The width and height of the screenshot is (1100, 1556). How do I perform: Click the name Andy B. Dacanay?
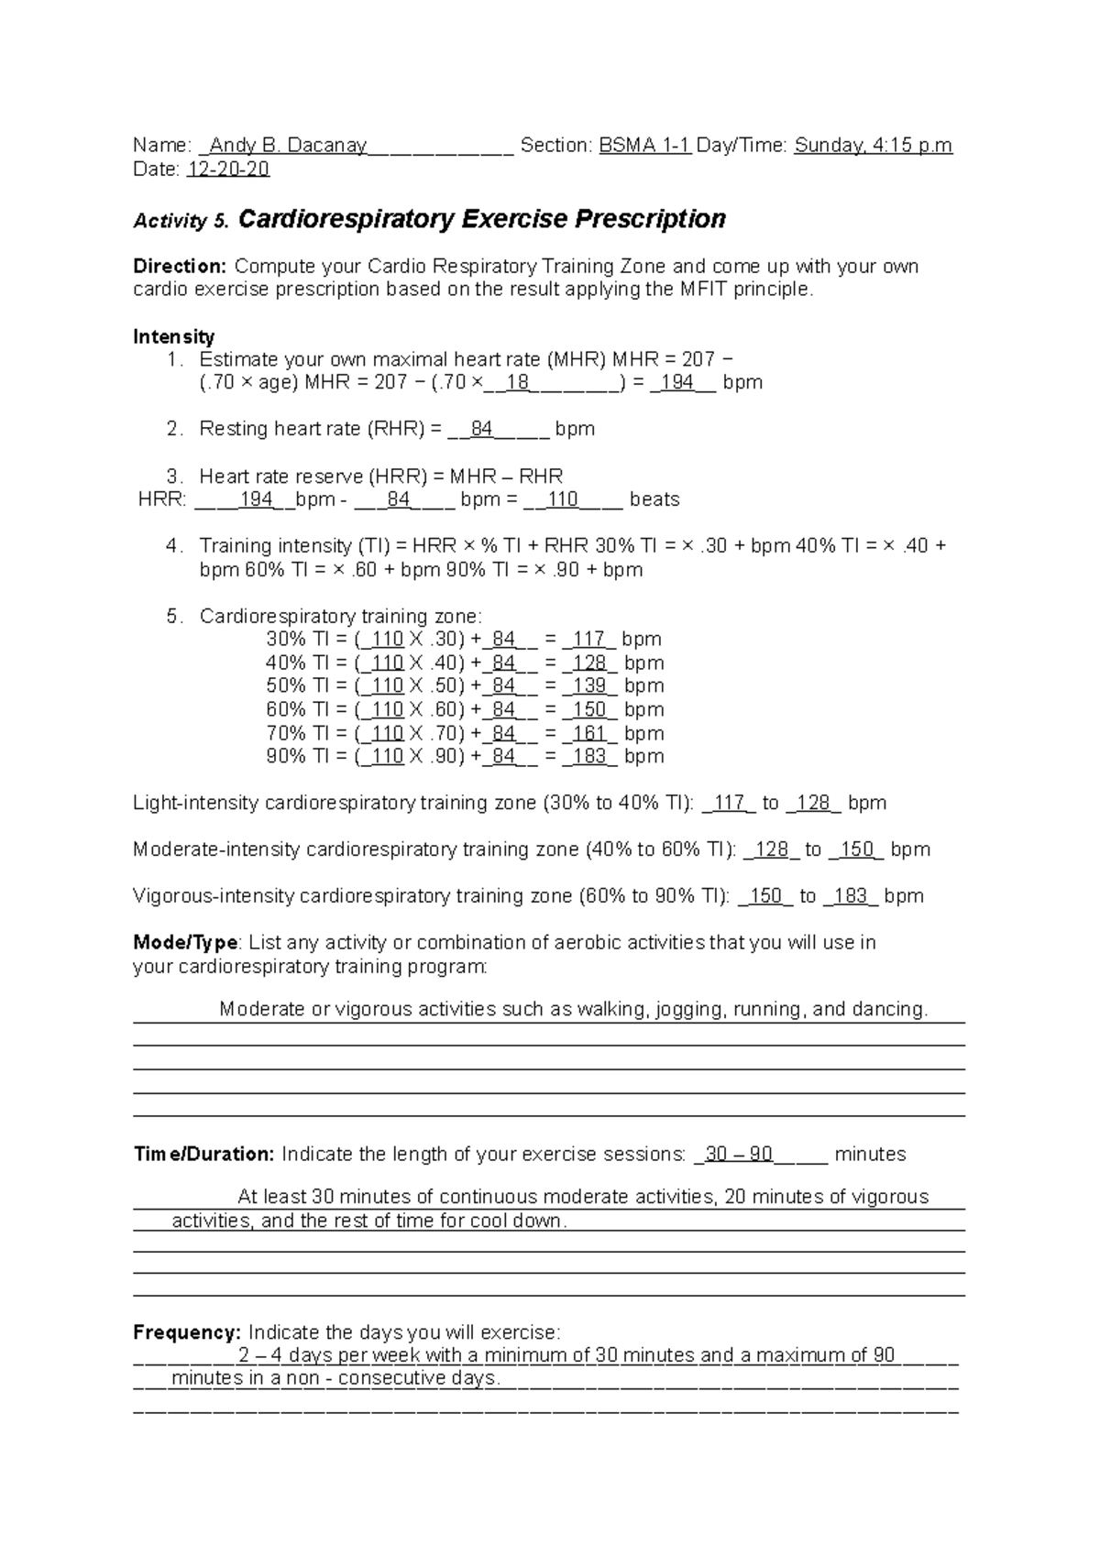289,145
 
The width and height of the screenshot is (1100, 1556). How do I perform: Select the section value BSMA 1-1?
644,145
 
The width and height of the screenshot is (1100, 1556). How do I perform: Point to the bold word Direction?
180,267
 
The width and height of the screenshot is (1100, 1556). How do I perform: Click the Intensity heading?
174,336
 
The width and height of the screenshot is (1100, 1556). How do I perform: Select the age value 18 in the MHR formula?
518,382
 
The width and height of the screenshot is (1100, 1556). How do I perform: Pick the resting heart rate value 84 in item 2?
482,429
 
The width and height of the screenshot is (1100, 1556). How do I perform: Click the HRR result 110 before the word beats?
563,499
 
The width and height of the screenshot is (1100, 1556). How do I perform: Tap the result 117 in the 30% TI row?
588,639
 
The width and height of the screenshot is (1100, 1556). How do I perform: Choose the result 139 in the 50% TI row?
589,685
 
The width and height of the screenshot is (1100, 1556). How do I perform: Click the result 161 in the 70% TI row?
589,733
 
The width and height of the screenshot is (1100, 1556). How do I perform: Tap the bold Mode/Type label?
186,943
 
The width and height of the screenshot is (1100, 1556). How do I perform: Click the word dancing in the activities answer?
888,1010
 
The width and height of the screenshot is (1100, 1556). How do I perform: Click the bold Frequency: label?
187,1332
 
